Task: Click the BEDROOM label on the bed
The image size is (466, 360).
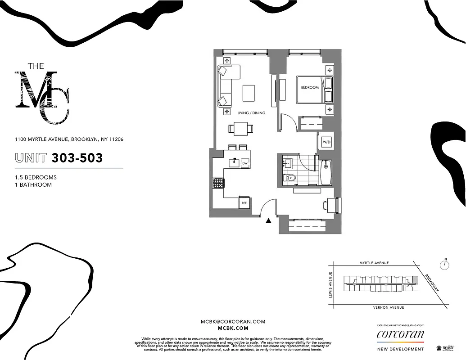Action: pyautogui.click(x=310, y=88)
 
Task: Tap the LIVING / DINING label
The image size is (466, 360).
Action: pyautogui.click(x=251, y=113)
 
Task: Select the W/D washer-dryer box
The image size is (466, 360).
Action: pyautogui.click(x=326, y=143)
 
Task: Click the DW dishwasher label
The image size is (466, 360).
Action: pyautogui.click(x=245, y=163)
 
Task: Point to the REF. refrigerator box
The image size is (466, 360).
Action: pyautogui.click(x=244, y=203)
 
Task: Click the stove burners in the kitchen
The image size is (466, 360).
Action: pyautogui.click(x=218, y=183)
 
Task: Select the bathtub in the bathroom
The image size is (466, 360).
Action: pyautogui.click(x=326, y=172)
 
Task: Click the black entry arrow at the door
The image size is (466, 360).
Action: pyautogui.click(x=269, y=220)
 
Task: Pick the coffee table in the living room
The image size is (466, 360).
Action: pyautogui.click(x=248, y=93)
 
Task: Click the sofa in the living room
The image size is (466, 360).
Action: pyautogui.click(x=225, y=85)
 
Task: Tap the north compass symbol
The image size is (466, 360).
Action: pyautogui.click(x=445, y=265)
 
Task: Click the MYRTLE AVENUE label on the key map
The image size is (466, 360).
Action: pyautogui.click(x=374, y=263)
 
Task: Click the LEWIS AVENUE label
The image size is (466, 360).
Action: pyautogui.click(x=331, y=285)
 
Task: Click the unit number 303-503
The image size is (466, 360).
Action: pyautogui.click(x=77, y=158)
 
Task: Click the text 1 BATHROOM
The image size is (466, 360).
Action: pyautogui.click(x=33, y=184)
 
